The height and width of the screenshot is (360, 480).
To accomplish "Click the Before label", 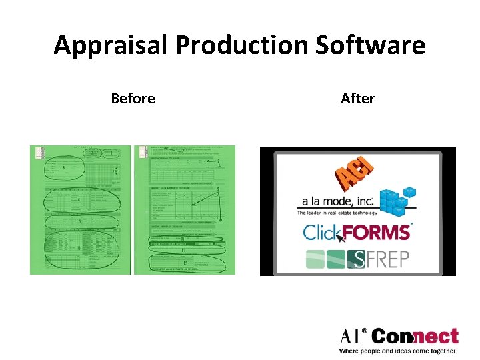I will [x=133, y=99].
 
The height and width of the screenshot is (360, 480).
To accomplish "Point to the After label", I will [x=357, y=99].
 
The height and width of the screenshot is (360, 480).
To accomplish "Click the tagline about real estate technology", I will [x=337, y=213].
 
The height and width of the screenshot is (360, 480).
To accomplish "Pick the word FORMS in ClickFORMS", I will [x=377, y=233].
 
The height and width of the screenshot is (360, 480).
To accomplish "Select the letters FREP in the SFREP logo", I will [x=386, y=259].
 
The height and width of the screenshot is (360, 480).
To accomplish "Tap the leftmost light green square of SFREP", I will [x=315, y=259].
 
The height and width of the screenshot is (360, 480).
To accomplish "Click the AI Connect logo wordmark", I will [x=399, y=336].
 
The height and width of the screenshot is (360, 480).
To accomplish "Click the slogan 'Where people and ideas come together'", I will [x=398, y=351].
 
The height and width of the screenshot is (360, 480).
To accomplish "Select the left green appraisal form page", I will [x=80, y=209].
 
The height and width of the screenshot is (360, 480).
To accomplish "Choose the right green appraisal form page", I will [x=184, y=209].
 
